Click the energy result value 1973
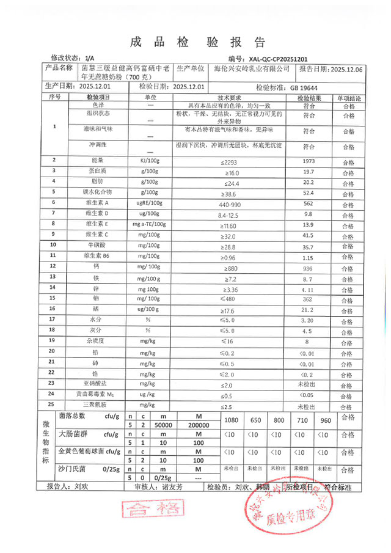click(x=308, y=161)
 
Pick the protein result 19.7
click(x=308, y=172)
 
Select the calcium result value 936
click(x=308, y=268)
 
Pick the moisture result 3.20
click(x=308, y=320)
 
